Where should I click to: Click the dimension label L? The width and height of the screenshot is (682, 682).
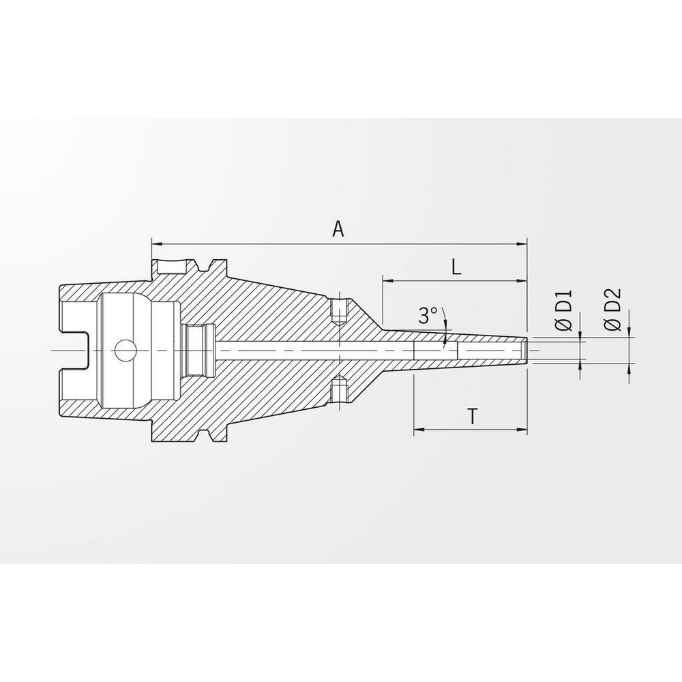click(456, 267)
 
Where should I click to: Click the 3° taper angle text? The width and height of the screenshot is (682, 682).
click(428, 315)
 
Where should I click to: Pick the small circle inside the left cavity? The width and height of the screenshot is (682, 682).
click(125, 351)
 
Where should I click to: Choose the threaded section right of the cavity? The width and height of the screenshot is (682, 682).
click(198, 350)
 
